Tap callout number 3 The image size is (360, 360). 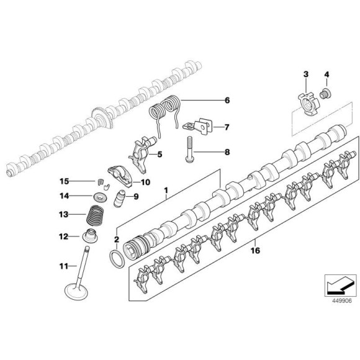[305, 76]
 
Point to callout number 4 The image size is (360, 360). [326, 76]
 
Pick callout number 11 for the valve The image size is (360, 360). [63, 266]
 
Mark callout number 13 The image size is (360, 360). [63, 215]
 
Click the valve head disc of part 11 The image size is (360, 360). [79, 290]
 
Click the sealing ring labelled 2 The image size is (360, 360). [115, 258]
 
